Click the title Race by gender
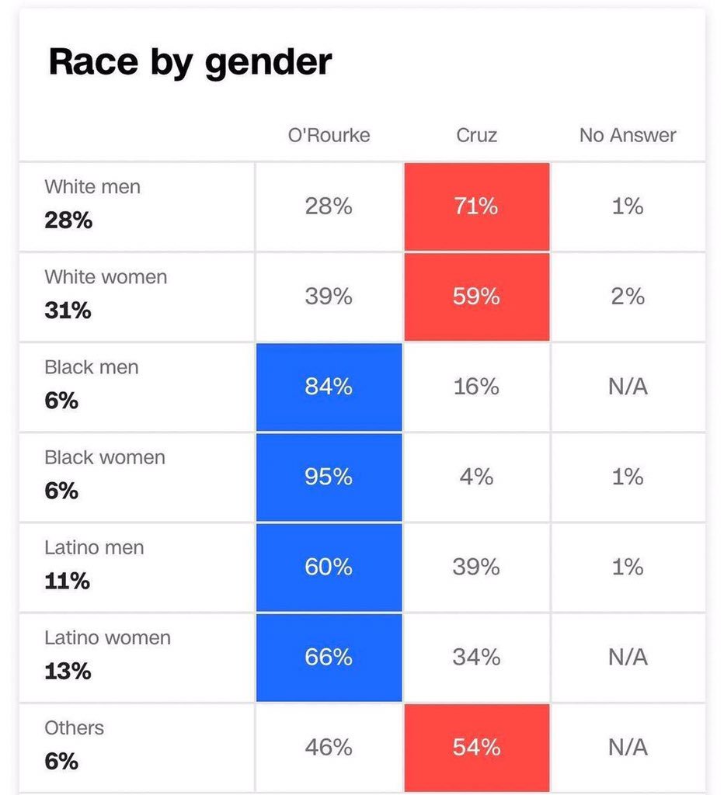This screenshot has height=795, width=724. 190,61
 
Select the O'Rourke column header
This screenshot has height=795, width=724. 329,135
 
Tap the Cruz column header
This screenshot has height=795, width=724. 476,135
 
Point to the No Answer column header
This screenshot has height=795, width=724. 628,135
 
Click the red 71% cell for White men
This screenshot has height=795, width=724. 476,207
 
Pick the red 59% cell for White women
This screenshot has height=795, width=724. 476,297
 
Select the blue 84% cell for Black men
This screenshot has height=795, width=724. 329,387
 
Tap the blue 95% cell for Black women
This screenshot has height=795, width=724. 329,477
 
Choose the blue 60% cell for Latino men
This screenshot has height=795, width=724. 329,568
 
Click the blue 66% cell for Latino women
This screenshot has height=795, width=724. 329,658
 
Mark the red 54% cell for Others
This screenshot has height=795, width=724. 476,748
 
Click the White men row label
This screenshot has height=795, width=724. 92,187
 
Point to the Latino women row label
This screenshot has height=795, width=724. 107,638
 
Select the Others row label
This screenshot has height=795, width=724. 74,728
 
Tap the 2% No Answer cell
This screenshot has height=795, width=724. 628,297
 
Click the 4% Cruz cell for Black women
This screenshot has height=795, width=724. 476,477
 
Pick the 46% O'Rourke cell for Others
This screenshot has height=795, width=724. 329,748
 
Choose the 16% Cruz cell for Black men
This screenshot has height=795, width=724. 476,387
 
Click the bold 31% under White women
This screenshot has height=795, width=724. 68,311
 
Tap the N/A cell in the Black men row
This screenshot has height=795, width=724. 628,387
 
